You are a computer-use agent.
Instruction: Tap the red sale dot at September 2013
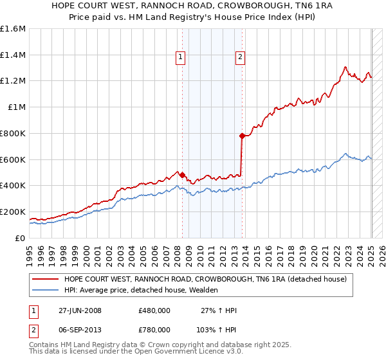tap(242, 136)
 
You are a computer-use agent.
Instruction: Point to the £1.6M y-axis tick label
tap(13, 29)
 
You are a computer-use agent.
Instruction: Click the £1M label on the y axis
tap(17, 107)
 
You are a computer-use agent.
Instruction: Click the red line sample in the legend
tap(46, 279)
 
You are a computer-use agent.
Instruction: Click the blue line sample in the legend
tap(46, 291)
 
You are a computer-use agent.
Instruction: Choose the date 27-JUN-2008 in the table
tap(80, 310)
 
